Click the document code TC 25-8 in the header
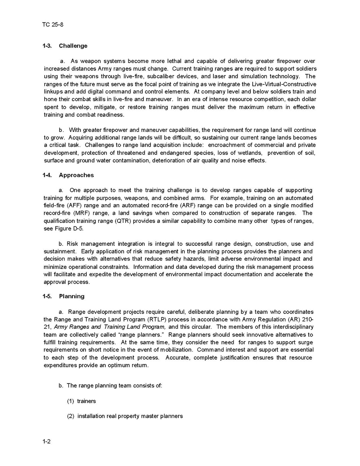[x=53, y=25]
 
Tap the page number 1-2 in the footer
[x=47, y=441]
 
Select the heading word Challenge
[x=73, y=46]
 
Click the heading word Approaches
[x=76, y=175]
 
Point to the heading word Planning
[x=72, y=296]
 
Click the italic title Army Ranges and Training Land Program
[x=110, y=327]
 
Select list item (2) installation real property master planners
[x=125, y=416]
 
